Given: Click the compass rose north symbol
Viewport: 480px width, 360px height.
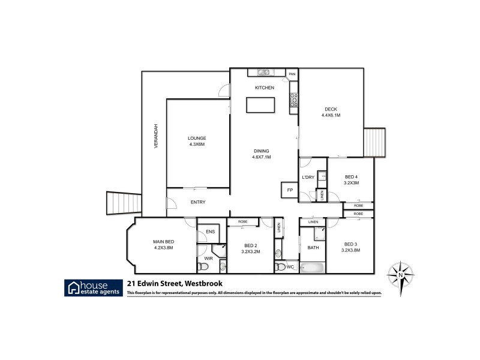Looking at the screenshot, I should tap(400, 276).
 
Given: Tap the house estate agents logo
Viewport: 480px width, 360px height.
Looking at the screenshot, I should tap(94, 287).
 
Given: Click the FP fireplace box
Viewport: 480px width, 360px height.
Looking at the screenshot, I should tap(290, 190).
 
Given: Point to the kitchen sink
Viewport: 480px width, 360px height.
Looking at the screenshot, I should tap(264, 73).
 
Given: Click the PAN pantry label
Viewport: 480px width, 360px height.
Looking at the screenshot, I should tap(292, 74).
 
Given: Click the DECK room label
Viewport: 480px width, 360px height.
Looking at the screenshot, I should tap(331, 109).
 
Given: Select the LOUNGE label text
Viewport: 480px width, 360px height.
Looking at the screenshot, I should tap(197, 138).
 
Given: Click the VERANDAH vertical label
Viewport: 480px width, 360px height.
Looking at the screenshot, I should tap(155, 136).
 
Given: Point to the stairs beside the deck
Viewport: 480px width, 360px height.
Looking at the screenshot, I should tap(376, 142).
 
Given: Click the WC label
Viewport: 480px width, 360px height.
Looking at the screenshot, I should tap(290, 266).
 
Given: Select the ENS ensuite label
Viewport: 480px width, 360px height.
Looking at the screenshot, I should tap(210, 232).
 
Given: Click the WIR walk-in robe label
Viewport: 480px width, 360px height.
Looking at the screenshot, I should tap(208, 258).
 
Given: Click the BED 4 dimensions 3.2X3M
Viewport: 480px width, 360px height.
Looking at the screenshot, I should tap(352, 183).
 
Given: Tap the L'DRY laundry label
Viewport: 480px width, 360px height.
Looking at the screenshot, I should tap(308, 177).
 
